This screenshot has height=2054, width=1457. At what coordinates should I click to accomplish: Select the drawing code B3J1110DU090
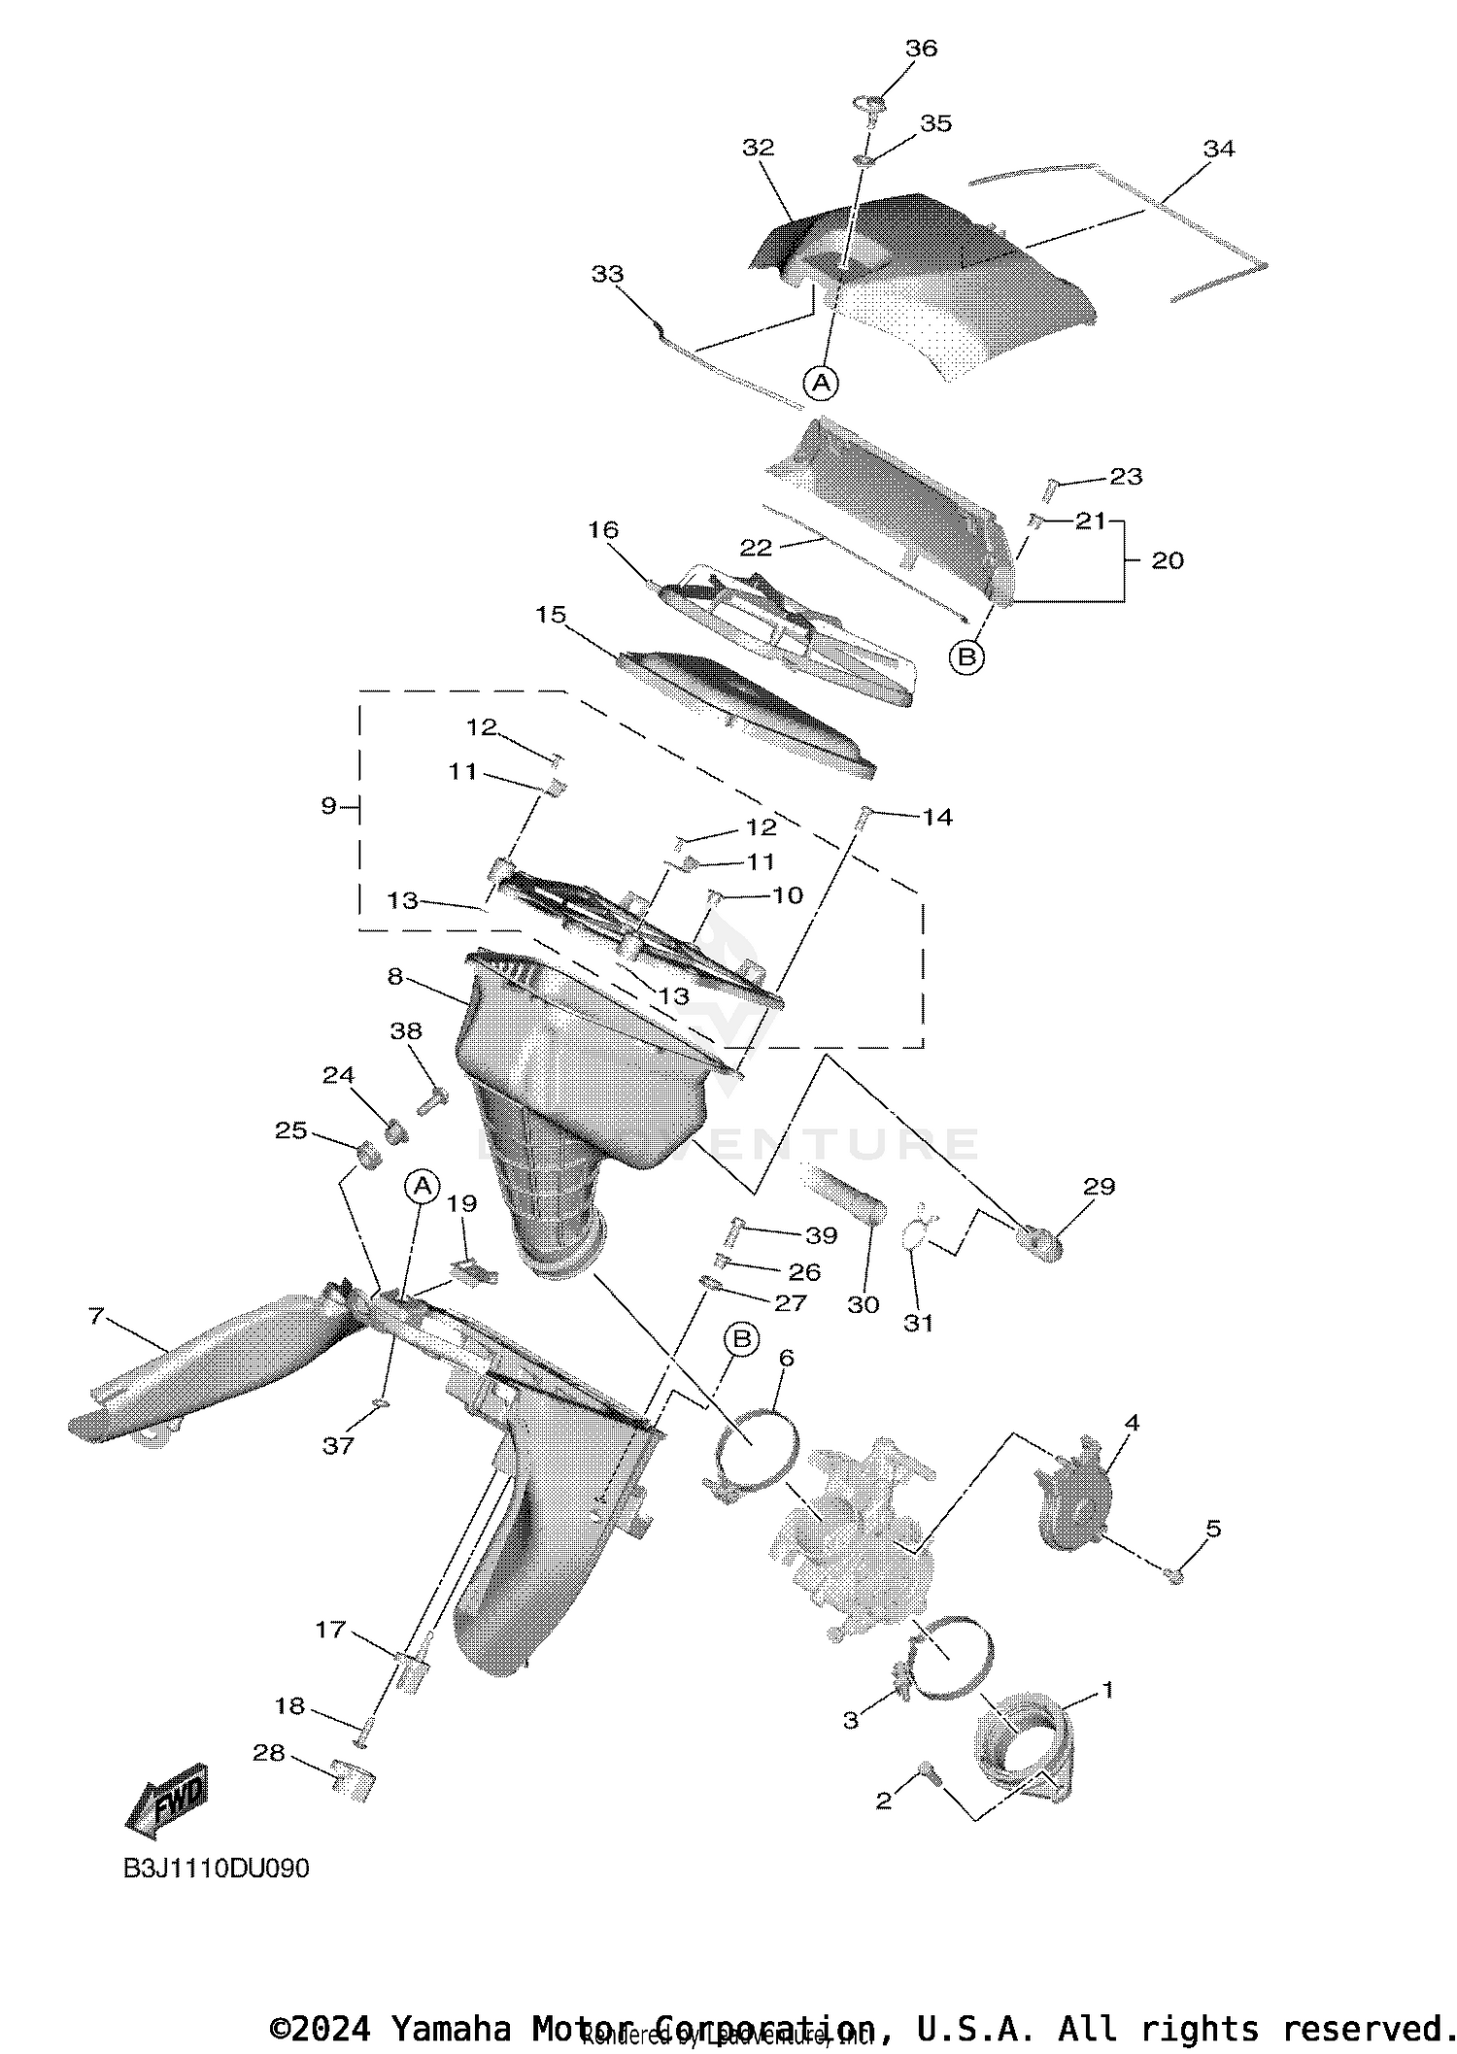pyautogui.click(x=216, y=1868)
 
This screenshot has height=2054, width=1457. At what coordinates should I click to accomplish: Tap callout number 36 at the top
pyautogui.click(x=921, y=49)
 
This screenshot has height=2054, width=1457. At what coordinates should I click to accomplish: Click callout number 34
pyautogui.click(x=1218, y=149)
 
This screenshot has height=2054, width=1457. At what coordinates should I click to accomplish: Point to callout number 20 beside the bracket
pyautogui.click(x=1167, y=560)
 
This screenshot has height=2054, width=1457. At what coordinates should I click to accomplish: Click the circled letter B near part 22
pyautogui.click(x=966, y=657)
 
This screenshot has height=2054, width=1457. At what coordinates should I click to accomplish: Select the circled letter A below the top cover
pyautogui.click(x=822, y=383)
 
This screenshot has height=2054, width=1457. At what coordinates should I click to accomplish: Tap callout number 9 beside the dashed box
pyautogui.click(x=328, y=805)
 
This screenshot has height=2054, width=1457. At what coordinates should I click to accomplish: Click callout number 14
pyautogui.click(x=936, y=818)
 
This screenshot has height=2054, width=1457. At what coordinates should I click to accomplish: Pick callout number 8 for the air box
pyautogui.click(x=394, y=976)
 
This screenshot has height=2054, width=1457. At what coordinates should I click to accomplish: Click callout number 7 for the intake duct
pyautogui.click(x=95, y=1316)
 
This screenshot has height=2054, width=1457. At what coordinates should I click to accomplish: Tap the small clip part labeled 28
pyautogui.click(x=352, y=1780)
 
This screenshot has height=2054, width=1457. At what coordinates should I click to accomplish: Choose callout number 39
pyautogui.click(x=821, y=1235)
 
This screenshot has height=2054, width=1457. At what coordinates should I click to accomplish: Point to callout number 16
pyautogui.click(x=602, y=529)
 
